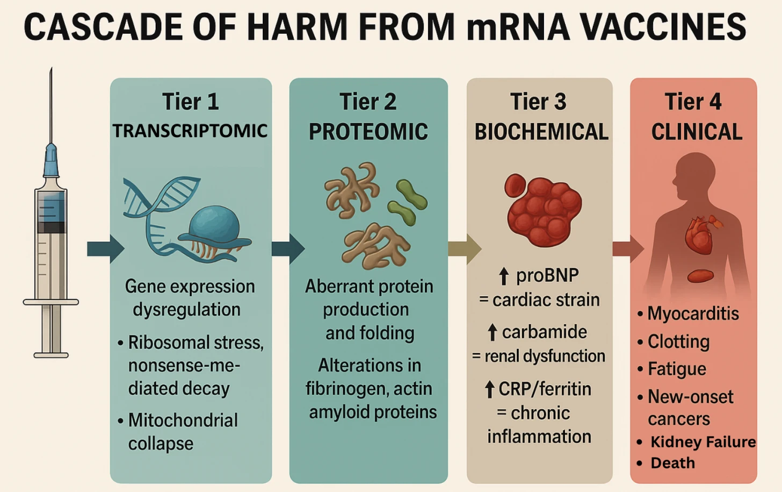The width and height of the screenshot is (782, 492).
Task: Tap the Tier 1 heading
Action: click(x=191, y=102)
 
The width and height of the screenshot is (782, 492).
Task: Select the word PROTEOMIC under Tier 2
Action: click(x=368, y=132)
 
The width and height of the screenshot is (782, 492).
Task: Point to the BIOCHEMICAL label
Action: click(x=541, y=132)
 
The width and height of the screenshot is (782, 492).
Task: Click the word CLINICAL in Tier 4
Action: click(x=697, y=132)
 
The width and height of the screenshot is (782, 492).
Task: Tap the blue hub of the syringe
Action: click(x=51, y=161)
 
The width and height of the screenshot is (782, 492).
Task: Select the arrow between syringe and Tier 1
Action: click(x=105, y=249)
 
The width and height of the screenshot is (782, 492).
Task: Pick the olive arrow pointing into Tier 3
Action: click(x=465, y=249)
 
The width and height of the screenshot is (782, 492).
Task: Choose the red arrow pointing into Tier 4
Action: click(x=628, y=249)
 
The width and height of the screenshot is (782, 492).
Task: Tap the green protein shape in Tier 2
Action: click(x=411, y=202)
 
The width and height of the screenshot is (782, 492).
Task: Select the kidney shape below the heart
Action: click(x=700, y=276)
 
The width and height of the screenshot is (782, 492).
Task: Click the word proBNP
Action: click(x=547, y=275)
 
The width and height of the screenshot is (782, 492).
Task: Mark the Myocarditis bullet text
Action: click(x=693, y=313)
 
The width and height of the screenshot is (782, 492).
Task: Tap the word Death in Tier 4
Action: click(x=672, y=463)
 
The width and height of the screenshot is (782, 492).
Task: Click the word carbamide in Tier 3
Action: click(x=544, y=332)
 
